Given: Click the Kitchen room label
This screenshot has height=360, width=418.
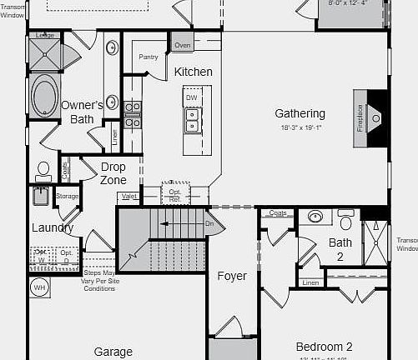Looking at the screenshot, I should point(193,72).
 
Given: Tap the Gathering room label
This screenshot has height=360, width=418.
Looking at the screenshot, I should point(300,113).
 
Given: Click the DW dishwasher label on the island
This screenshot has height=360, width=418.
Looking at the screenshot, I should point(191,98).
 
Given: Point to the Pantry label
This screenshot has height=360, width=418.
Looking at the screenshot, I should point(149,57).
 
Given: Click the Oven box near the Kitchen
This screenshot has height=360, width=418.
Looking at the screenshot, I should point(182,45).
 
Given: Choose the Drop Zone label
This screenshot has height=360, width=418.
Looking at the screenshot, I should point(113,173).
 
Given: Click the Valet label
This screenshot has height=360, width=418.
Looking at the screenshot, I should point(128,197).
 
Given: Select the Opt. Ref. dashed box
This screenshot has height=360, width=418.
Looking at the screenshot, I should point(175,194).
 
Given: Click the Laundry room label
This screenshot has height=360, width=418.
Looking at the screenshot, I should point(53,227).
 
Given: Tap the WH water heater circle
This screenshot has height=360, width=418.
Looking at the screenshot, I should point(38,288).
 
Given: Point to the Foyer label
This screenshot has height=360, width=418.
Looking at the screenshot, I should point(231,276).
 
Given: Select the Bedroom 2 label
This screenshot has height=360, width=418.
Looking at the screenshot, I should point(324,347).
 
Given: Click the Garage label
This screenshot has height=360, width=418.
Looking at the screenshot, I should point(113,352).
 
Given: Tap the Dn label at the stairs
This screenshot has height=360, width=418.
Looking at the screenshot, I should point(210,223).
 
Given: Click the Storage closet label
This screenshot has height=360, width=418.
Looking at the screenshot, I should point(68,197).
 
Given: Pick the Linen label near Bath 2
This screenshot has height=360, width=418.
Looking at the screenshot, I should point(310,283).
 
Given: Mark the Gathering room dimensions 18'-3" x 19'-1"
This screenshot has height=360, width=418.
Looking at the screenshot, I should point(300,127).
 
